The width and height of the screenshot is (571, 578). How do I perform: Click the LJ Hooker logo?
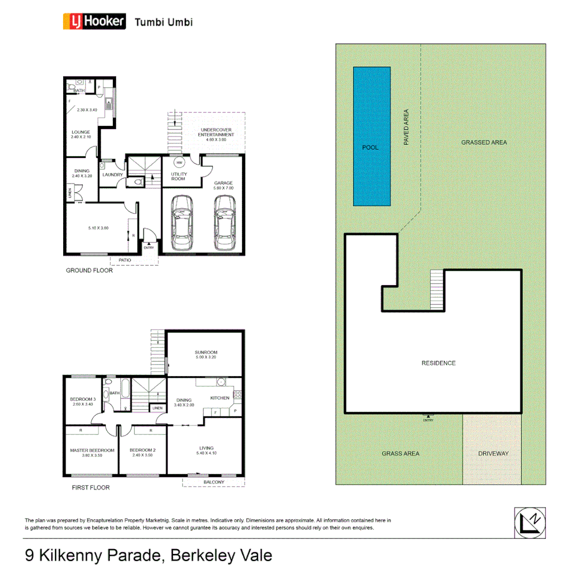(x=95, y=21)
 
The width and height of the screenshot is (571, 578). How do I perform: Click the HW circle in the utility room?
(x=179, y=162)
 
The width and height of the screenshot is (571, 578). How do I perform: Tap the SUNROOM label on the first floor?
(x=205, y=352)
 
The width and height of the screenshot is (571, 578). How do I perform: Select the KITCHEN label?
(x=219, y=398)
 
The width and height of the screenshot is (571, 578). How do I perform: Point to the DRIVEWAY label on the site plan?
(x=493, y=453)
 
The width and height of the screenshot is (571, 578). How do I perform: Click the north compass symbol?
(x=530, y=522)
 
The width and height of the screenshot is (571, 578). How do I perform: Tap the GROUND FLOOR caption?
(x=89, y=271)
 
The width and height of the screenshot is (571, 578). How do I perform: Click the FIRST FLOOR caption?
(x=90, y=488)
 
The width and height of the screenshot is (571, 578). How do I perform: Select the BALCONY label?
(x=214, y=482)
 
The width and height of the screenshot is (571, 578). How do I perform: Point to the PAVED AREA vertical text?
(x=406, y=128)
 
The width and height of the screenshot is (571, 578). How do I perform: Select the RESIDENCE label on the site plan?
(x=439, y=363)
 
